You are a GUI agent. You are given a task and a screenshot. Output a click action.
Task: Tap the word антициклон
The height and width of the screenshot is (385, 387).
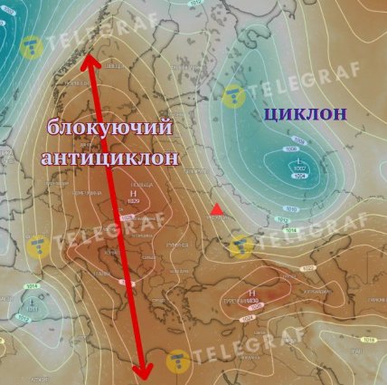pos(109,158)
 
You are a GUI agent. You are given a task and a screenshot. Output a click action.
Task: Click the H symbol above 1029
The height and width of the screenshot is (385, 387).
pos(134,193)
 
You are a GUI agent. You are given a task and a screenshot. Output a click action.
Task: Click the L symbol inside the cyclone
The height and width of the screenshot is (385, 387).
pos(300,161)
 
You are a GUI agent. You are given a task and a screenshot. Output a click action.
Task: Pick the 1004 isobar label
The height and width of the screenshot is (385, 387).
pos(300,177)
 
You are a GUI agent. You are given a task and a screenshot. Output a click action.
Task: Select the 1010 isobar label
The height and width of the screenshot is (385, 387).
pos(292,208)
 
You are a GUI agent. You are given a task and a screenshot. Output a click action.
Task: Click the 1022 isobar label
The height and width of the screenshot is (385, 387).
pos(308,268)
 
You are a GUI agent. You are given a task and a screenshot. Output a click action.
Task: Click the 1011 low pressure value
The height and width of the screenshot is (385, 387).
pos(33,311)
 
